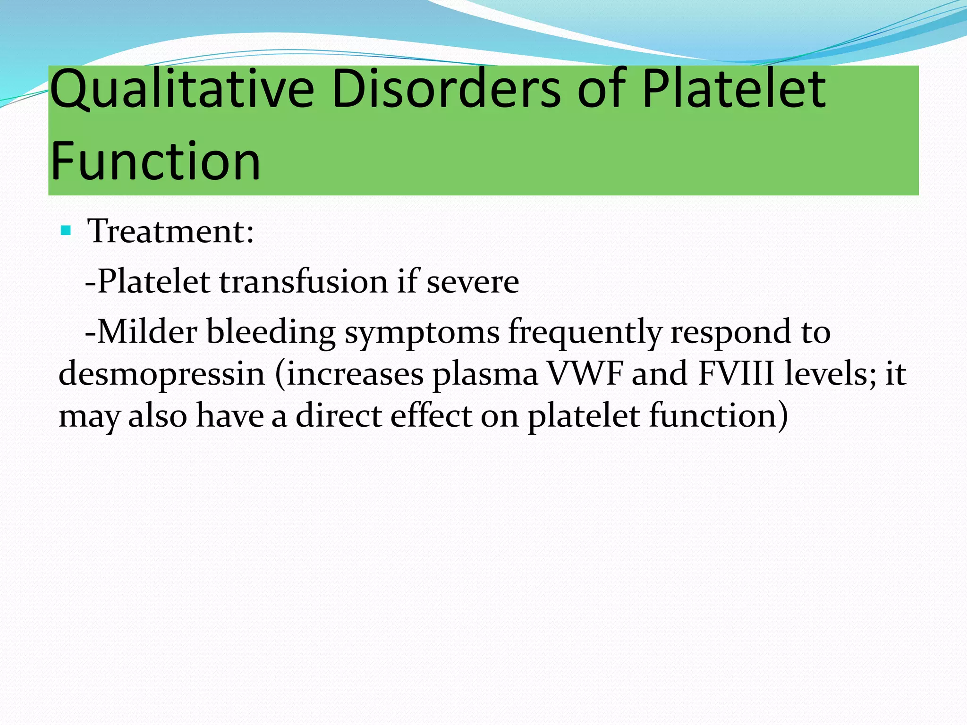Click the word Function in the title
coord(155,161)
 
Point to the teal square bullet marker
coord(66,231)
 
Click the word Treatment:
coord(170,232)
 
